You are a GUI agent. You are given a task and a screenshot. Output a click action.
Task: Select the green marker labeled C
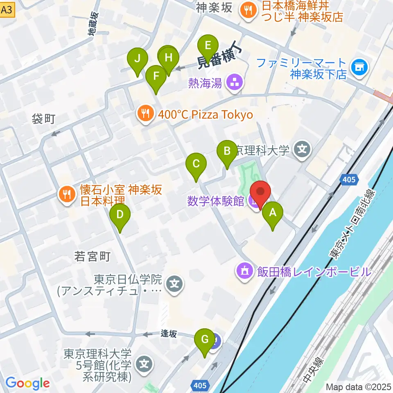196,164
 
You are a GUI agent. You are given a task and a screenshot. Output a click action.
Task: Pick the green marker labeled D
120,215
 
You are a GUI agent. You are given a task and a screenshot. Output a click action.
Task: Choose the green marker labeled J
137,59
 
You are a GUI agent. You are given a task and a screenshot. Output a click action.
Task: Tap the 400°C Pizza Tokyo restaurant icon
145,114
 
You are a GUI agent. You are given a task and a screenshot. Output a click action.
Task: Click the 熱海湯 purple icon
235,83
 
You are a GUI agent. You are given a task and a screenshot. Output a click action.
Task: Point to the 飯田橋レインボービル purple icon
244,271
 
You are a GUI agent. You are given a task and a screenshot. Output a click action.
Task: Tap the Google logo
28,383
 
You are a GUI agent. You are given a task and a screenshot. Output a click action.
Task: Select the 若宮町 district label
93,257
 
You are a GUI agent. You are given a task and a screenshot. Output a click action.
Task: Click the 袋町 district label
43,119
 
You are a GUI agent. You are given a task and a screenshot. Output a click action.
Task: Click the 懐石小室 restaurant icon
66,193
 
